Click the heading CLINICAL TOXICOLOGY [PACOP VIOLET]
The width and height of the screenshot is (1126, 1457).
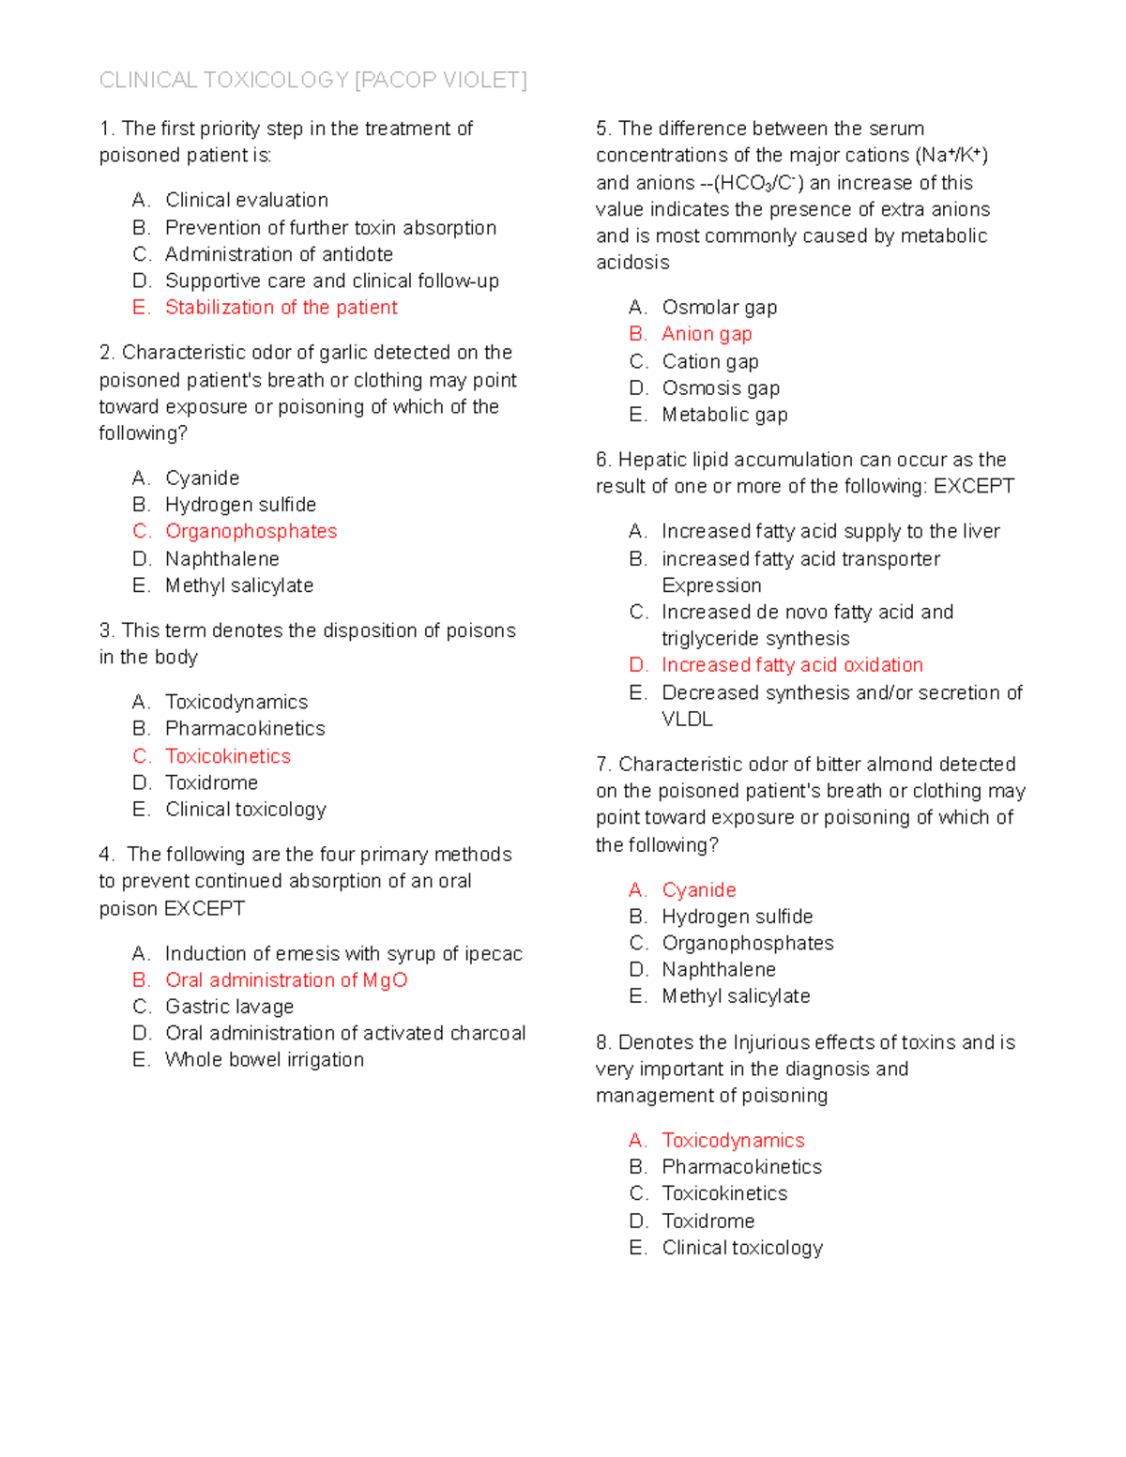(312, 81)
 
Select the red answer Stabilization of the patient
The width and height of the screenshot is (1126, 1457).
(281, 308)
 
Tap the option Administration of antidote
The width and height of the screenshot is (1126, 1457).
(279, 254)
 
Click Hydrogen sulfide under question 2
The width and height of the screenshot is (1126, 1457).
(240, 505)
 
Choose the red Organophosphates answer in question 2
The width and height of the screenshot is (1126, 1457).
(251, 532)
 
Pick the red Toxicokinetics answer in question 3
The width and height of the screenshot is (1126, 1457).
(228, 756)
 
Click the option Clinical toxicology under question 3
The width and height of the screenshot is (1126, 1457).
(246, 810)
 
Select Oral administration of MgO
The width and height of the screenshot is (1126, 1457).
(286, 980)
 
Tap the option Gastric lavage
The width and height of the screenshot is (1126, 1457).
(229, 1007)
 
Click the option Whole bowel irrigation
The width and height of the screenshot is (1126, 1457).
(265, 1060)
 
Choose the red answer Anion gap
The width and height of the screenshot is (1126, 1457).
(707, 334)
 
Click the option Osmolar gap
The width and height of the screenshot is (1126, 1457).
(719, 308)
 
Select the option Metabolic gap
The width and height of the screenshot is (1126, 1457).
(724, 415)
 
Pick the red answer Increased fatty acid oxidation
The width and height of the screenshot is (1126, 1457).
(792, 665)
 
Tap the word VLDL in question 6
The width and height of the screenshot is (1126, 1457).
(687, 720)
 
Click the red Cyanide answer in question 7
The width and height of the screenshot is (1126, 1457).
(698, 890)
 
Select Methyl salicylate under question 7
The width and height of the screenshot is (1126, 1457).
(736, 996)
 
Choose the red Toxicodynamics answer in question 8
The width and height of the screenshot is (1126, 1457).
(733, 1141)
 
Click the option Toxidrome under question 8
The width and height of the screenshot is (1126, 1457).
(708, 1222)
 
